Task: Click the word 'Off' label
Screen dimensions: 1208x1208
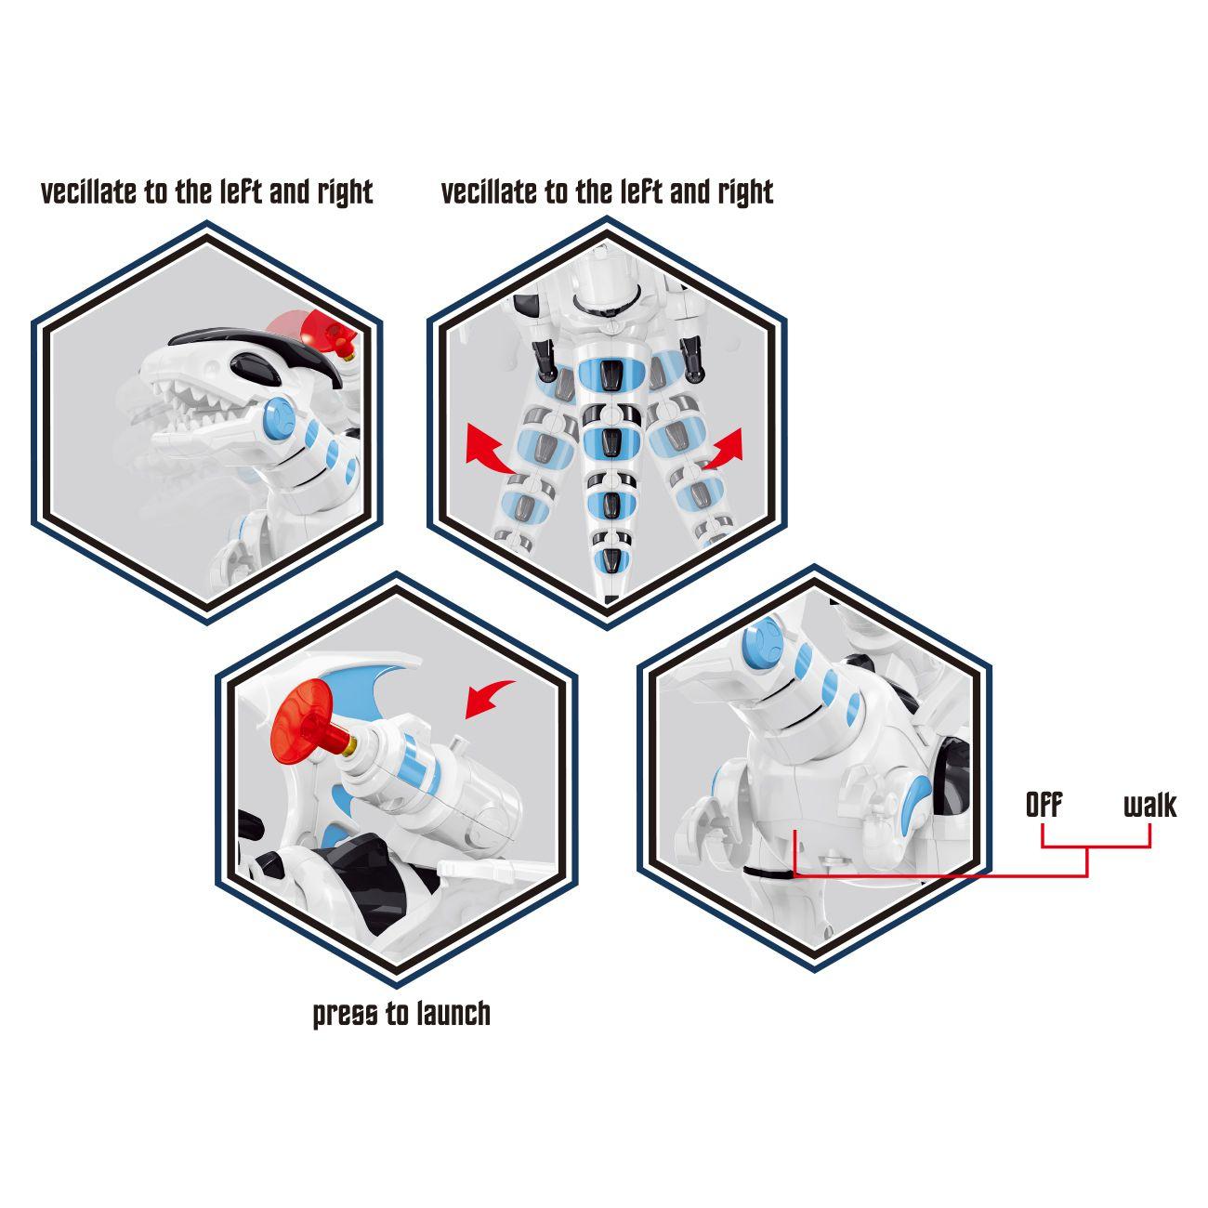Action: click(1044, 805)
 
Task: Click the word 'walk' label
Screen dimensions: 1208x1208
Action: click(1149, 805)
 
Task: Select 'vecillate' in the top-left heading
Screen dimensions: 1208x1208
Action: click(89, 192)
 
